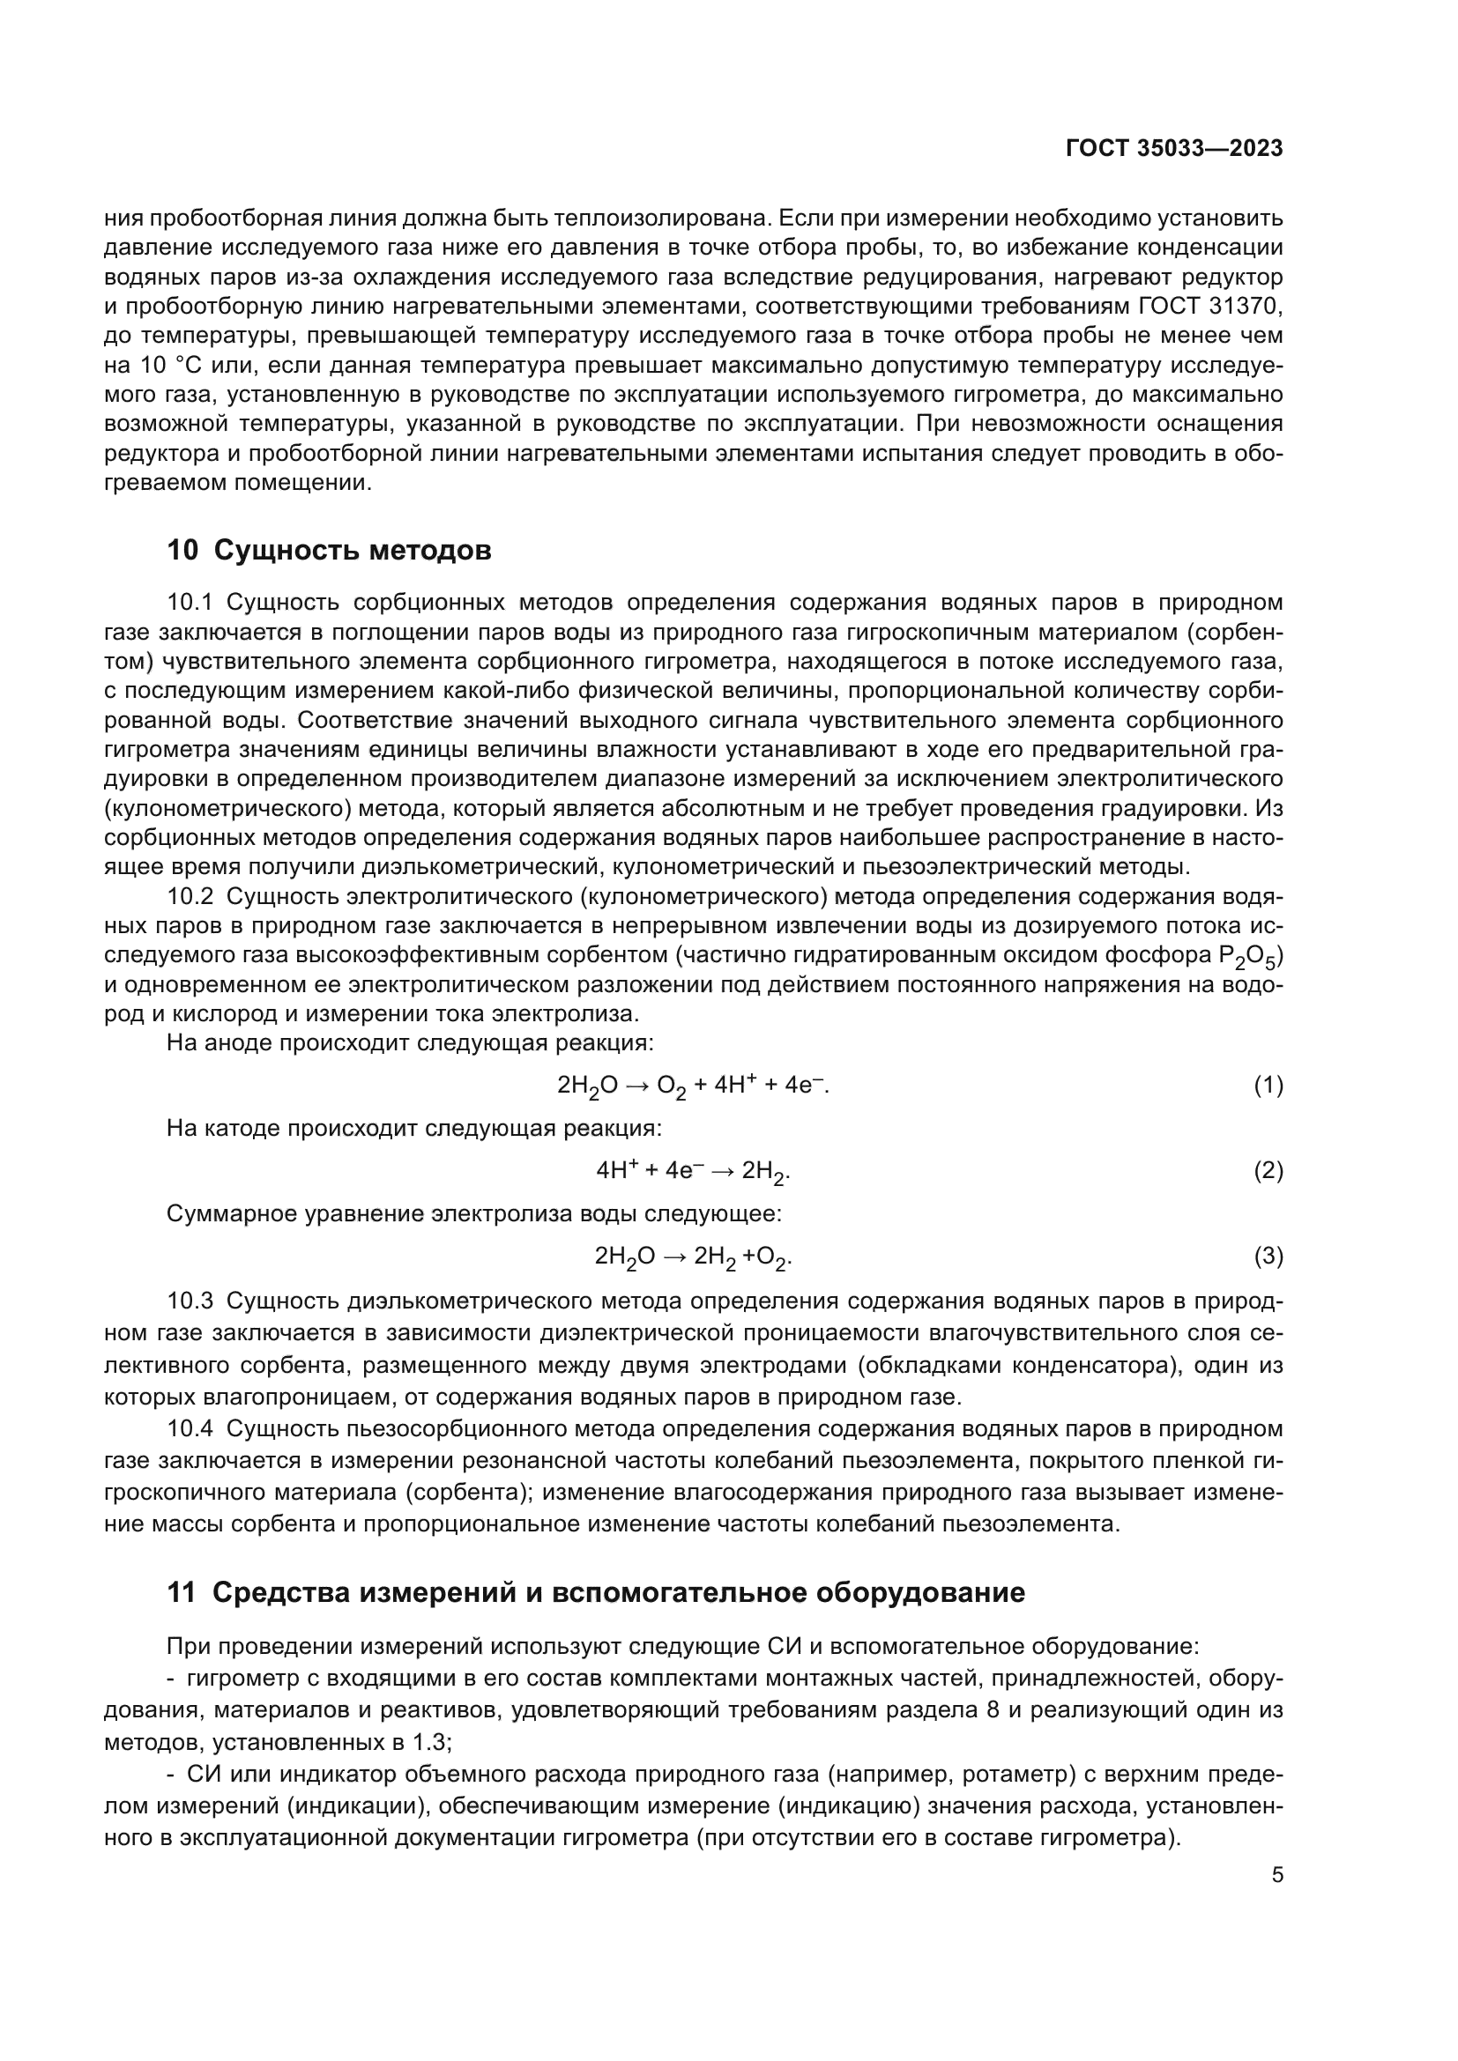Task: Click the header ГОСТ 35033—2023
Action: [x=1173, y=149]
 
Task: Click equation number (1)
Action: [x=1268, y=1086]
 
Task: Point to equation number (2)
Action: [x=1268, y=1170]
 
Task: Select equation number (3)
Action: [x=1268, y=1256]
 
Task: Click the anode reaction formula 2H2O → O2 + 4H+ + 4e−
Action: [x=692, y=1086]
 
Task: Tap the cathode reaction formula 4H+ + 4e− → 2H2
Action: [x=692, y=1171]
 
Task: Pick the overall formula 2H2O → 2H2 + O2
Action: [x=692, y=1257]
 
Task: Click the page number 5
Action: [x=1276, y=1874]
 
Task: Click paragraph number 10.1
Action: [x=190, y=603]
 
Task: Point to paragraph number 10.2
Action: [x=190, y=897]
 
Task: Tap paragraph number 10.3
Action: [x=190, y=1301]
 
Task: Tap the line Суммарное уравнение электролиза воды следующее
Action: [x=474, y=1213]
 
